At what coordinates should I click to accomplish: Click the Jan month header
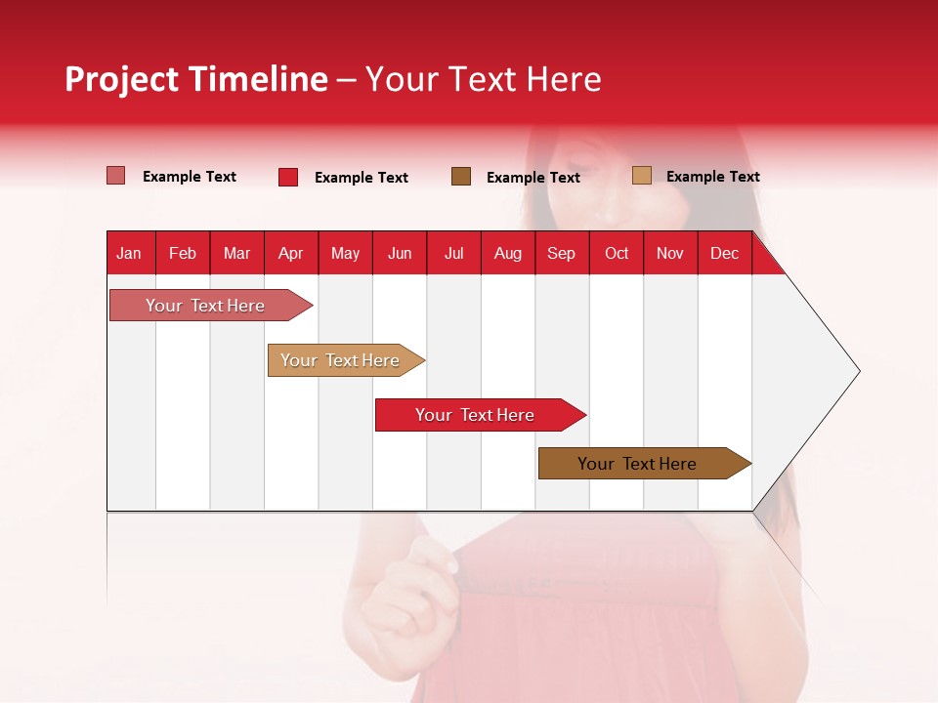(129, 254)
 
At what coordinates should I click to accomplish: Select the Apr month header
(290, 254)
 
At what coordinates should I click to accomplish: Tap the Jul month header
(453, 254)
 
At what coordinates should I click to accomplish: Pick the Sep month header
(561, 254)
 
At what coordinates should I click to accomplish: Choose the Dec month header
(724, 254)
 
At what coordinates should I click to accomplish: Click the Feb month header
(183, 254)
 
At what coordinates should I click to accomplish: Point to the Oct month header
(617, 254)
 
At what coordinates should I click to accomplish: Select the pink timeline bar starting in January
(206, 306)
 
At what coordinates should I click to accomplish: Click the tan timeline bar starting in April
(341, 360)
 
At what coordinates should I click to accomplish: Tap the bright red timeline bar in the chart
(475, 415)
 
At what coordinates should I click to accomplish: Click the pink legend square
(115, 176)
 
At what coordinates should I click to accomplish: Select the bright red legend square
(287, 177)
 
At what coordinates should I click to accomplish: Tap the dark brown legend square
(461, 176)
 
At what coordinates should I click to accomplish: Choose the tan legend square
(641, 176)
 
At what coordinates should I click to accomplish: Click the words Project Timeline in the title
(195, 79)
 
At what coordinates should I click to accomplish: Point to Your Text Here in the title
(483, 79)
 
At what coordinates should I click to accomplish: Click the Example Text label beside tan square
(712, 177)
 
